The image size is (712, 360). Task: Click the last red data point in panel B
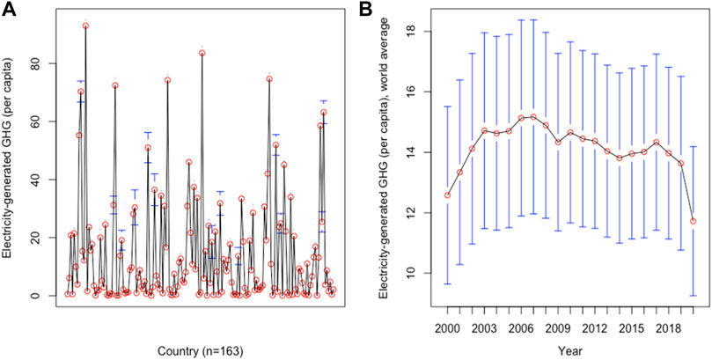[694, 221]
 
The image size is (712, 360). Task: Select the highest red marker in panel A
[85, 26]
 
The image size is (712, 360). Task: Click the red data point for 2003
[484, 130]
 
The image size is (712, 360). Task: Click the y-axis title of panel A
[12, 158]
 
